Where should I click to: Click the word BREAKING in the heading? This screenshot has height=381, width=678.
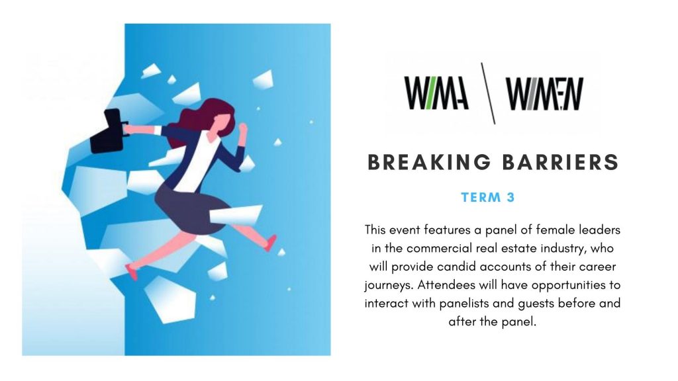coord(429,163)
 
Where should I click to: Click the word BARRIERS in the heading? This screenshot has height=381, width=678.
coord(560,163)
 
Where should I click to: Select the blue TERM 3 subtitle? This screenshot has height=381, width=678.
coord(488,197)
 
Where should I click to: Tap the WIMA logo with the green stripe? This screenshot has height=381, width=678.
coord(436,93)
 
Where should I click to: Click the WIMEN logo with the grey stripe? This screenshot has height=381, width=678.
coord(545,93)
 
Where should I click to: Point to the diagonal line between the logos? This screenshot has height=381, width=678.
coord(488,93)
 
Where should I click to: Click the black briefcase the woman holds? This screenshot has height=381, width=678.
coord(108,132)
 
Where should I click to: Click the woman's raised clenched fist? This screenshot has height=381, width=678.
coord(243,129)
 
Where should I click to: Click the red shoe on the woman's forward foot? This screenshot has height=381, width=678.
coord(271,243)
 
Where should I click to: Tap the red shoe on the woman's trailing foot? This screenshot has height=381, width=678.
coord(132,272)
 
